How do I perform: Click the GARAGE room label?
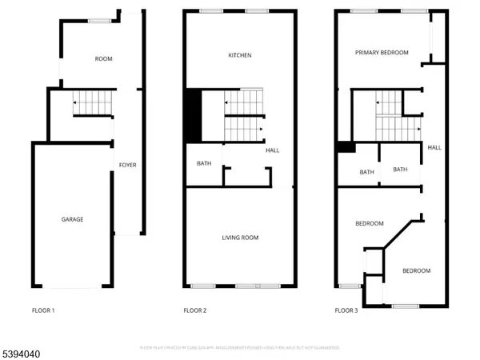(x=72, y=219)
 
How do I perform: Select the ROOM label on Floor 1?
(x=103, y=59)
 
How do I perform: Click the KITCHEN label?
(x=240, y=55)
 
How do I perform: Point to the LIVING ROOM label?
(x=240, y=238)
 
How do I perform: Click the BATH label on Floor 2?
(x=204, y=164)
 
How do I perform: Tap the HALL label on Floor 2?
(x=272, y=150)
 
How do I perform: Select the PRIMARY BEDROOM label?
(x=382, y=53)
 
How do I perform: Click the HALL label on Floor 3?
(x=434, y=147)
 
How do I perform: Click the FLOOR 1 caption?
(x=42, y=310)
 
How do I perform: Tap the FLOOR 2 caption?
(x=194, y=310)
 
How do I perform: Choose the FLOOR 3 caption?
(x=346, y=310)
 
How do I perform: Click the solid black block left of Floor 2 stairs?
(x=193, y=115)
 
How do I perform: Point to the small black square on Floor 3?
(x=345, y=147)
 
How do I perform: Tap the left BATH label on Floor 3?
(x=366, y=172)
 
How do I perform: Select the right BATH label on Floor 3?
(x=400, y=170)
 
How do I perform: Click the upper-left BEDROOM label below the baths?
(x=369, y=223)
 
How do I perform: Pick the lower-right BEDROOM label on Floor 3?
(x=416, y=270)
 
